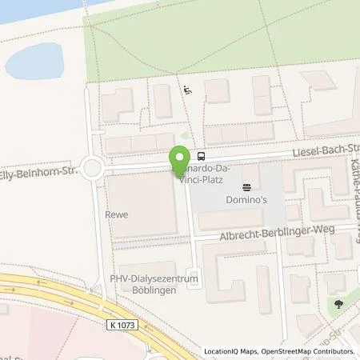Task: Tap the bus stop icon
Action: [x=201, y=157]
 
